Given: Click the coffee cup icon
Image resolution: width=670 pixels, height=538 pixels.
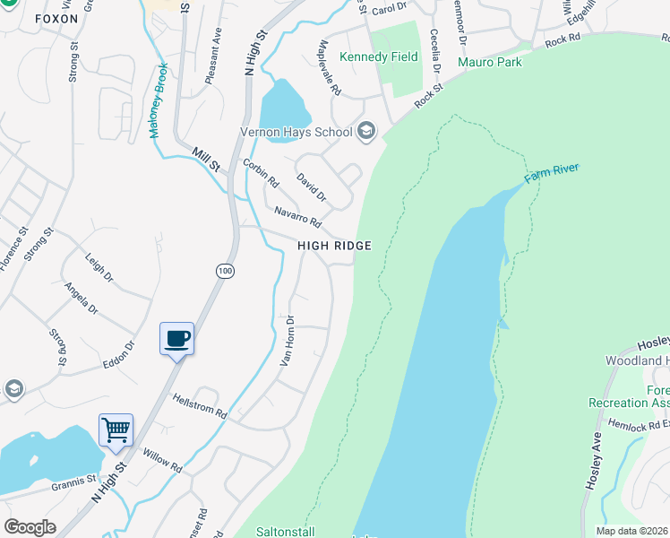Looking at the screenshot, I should [176, 339].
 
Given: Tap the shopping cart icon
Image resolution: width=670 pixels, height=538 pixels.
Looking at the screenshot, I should [116, 430].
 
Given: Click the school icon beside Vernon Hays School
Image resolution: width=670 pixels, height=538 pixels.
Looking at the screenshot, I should [365, 132].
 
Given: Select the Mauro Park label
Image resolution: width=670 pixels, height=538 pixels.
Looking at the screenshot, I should [489, 62].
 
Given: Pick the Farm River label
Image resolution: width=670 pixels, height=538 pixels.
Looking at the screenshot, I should [552, 171].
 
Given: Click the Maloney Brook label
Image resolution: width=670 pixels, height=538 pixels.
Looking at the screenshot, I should [158, 100].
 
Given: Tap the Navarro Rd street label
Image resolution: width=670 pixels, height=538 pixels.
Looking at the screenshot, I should [297, 215].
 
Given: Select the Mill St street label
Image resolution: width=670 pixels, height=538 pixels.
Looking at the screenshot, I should [205, 160].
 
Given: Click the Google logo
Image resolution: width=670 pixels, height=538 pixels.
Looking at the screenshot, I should [30, 526].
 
